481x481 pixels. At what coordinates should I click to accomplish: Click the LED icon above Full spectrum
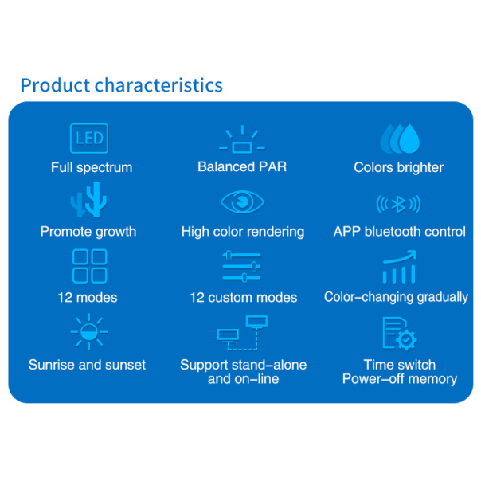tap(89, 139)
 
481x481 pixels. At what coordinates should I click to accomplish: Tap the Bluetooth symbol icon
tap(398, 204)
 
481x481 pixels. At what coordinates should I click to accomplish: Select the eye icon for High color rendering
tap(242, 201)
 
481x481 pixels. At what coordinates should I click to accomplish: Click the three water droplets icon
tap(400, 139)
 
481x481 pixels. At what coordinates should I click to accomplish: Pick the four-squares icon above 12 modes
tap(89, 266)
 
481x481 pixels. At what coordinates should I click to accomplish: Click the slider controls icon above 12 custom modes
tap(242, 266)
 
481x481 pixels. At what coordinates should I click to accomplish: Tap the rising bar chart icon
tap(400, 267)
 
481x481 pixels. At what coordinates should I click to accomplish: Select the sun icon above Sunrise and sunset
tap(89, 332)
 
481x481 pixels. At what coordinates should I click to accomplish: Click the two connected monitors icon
tap(242, 333)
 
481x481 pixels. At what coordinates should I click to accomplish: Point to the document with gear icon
tap(400, 334)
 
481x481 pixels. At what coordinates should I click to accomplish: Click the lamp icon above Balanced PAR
tap(242, 139)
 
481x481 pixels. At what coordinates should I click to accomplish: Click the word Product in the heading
tap(55, 85)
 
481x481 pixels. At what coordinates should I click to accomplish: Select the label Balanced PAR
tap(242, 167)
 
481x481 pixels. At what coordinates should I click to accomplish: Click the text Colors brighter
tap(398, 167)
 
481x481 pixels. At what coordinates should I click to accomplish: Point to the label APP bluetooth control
tap(400, 232)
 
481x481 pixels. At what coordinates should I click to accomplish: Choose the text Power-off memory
tap(400, 379)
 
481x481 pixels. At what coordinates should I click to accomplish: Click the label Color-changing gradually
tap(396, 297)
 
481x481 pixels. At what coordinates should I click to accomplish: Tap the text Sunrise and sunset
tap(87, 365)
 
